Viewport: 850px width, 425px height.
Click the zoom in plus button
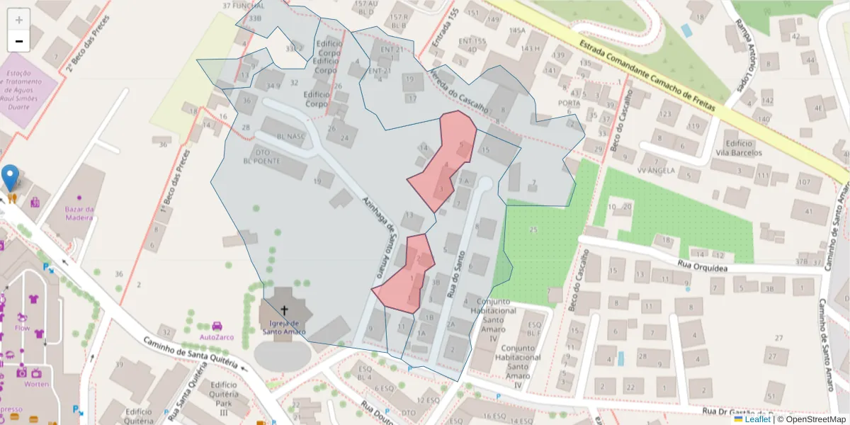click(19, 20)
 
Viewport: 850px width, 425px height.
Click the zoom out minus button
click(19, 41)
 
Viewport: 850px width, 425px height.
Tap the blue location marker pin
click(11, 177)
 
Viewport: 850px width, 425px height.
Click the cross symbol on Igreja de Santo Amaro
click(285, 310)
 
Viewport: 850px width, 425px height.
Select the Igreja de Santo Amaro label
click(284, 327)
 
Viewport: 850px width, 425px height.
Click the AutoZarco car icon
click(217, 326)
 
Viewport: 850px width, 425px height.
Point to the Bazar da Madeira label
click(79, 213)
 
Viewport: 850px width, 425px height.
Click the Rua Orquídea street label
click(703, 266)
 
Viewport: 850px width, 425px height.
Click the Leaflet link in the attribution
click(756, 419)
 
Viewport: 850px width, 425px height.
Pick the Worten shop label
click(36, 384)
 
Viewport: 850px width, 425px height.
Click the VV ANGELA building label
click(656, 171)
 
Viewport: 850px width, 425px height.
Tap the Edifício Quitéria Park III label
click(224, 398)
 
